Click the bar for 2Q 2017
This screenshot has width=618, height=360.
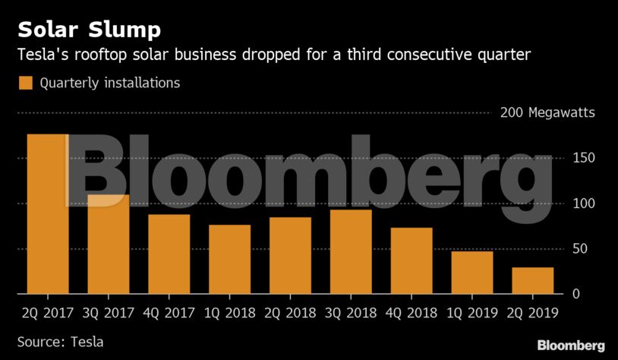coord(47,214)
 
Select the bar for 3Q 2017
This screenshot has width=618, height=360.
coord(108,245)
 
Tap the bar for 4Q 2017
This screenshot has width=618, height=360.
coord(169,254)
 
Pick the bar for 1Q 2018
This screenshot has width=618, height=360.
coord(229,259)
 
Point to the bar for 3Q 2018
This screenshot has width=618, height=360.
coord(351,251)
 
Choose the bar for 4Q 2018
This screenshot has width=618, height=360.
coord(411,261)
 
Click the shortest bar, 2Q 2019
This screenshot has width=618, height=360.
coord(533,280)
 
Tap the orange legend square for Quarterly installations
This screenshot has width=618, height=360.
coord(26,83)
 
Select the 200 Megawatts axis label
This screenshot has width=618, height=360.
coord(547,113)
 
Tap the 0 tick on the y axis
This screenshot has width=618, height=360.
coord(577,294)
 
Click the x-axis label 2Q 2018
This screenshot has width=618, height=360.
coord(290,312)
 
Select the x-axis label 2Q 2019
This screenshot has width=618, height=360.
coord(533,312)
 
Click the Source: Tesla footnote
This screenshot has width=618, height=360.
coord(60,342)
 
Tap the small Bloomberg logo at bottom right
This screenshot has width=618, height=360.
coord(571,346)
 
